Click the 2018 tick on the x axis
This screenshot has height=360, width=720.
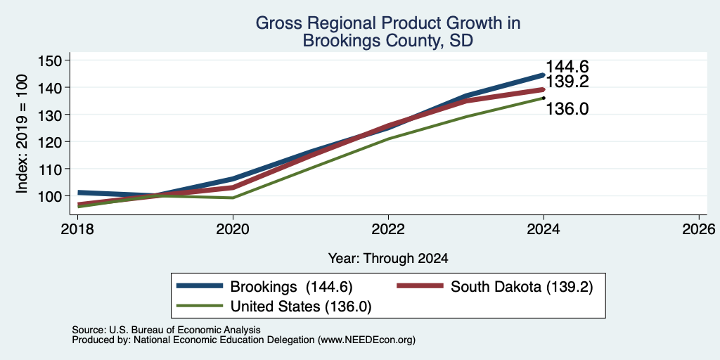(78, 229)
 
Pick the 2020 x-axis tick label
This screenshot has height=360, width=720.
(233, 229)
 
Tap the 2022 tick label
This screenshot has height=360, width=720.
(388, 229)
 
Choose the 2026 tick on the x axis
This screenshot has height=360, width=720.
(699, 229)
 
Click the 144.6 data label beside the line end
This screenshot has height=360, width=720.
(567, 67)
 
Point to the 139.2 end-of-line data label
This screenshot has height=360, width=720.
(567, 82)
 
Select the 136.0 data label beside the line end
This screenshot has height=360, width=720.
(567, 109)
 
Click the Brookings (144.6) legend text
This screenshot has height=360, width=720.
(292, 287)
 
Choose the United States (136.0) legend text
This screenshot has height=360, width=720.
(301, 307)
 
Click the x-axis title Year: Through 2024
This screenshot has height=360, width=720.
(388, 259)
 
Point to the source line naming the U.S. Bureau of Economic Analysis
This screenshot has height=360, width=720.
(166, 330)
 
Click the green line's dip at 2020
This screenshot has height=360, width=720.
(233, 198)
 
